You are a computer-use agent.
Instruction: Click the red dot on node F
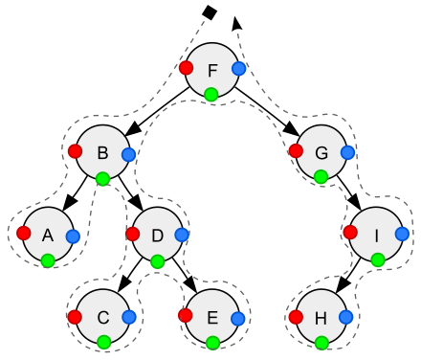[x=186, y=68]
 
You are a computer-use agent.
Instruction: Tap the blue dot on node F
[x=239, y=69]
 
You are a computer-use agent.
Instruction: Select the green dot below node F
[x=211, y=94]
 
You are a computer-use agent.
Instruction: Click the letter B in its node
[x=102, y=152]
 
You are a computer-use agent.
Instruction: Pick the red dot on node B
[x=75, y=150]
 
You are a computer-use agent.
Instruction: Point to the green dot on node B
[x=102, y=177]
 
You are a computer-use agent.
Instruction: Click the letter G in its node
[x=321, y=152]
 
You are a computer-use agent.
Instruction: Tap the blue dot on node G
[x=348, y=152]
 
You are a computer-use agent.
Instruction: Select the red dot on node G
[x=296, y=150]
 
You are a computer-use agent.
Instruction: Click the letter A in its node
[x=47, y=236]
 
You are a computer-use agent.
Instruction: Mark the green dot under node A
[x=48, y=259]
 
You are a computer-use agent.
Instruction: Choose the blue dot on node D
[x=182, y=235]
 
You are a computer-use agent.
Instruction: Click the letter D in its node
[x=158, y=236]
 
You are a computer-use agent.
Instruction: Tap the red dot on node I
[x=350, y=232]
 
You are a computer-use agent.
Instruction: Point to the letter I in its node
[x=376, y=236]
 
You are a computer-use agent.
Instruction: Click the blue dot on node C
[x=130, y=317]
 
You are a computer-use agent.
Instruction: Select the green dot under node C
[x=103, y=342]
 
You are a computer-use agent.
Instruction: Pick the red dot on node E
[x=186, y=315]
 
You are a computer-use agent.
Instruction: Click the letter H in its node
[x=321, y=318]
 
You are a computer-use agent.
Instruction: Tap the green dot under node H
[x=321, y=342]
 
